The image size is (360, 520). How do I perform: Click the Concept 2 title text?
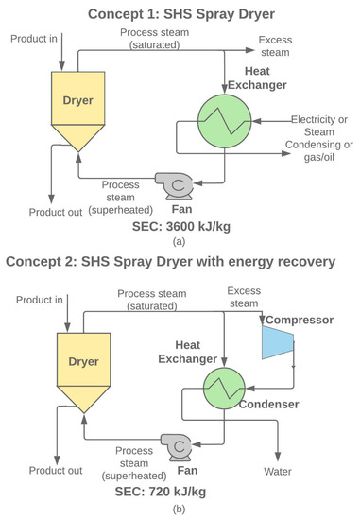pos(180,260)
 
